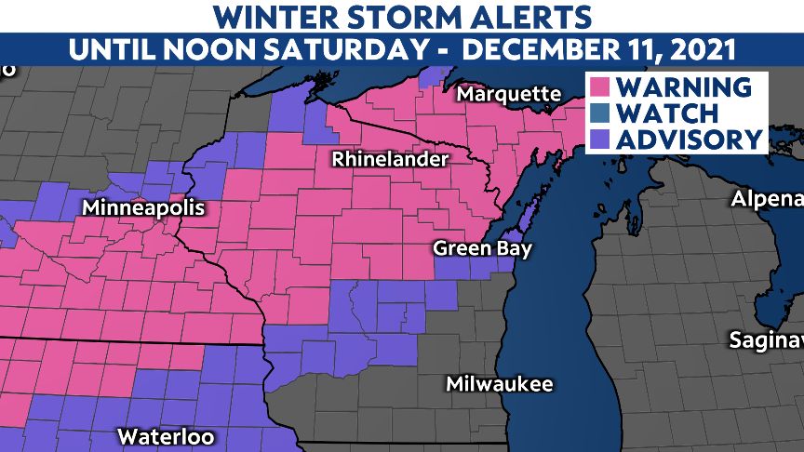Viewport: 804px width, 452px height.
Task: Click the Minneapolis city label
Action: (142, 208)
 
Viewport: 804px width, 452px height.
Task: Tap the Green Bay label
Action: (482, 249)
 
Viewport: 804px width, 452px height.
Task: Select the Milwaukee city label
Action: (499, 384)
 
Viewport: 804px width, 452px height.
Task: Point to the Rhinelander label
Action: (391, 160)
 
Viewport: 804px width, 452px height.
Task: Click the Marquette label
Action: (508, 95)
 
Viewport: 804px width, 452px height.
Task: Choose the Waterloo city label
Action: (166, 436)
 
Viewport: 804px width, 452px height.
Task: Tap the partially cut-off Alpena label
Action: (767, 199)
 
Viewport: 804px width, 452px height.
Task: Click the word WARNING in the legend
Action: (683, 87)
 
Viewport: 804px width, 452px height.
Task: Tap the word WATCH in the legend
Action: (666, 113)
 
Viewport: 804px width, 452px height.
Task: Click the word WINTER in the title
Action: (273, 16)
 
